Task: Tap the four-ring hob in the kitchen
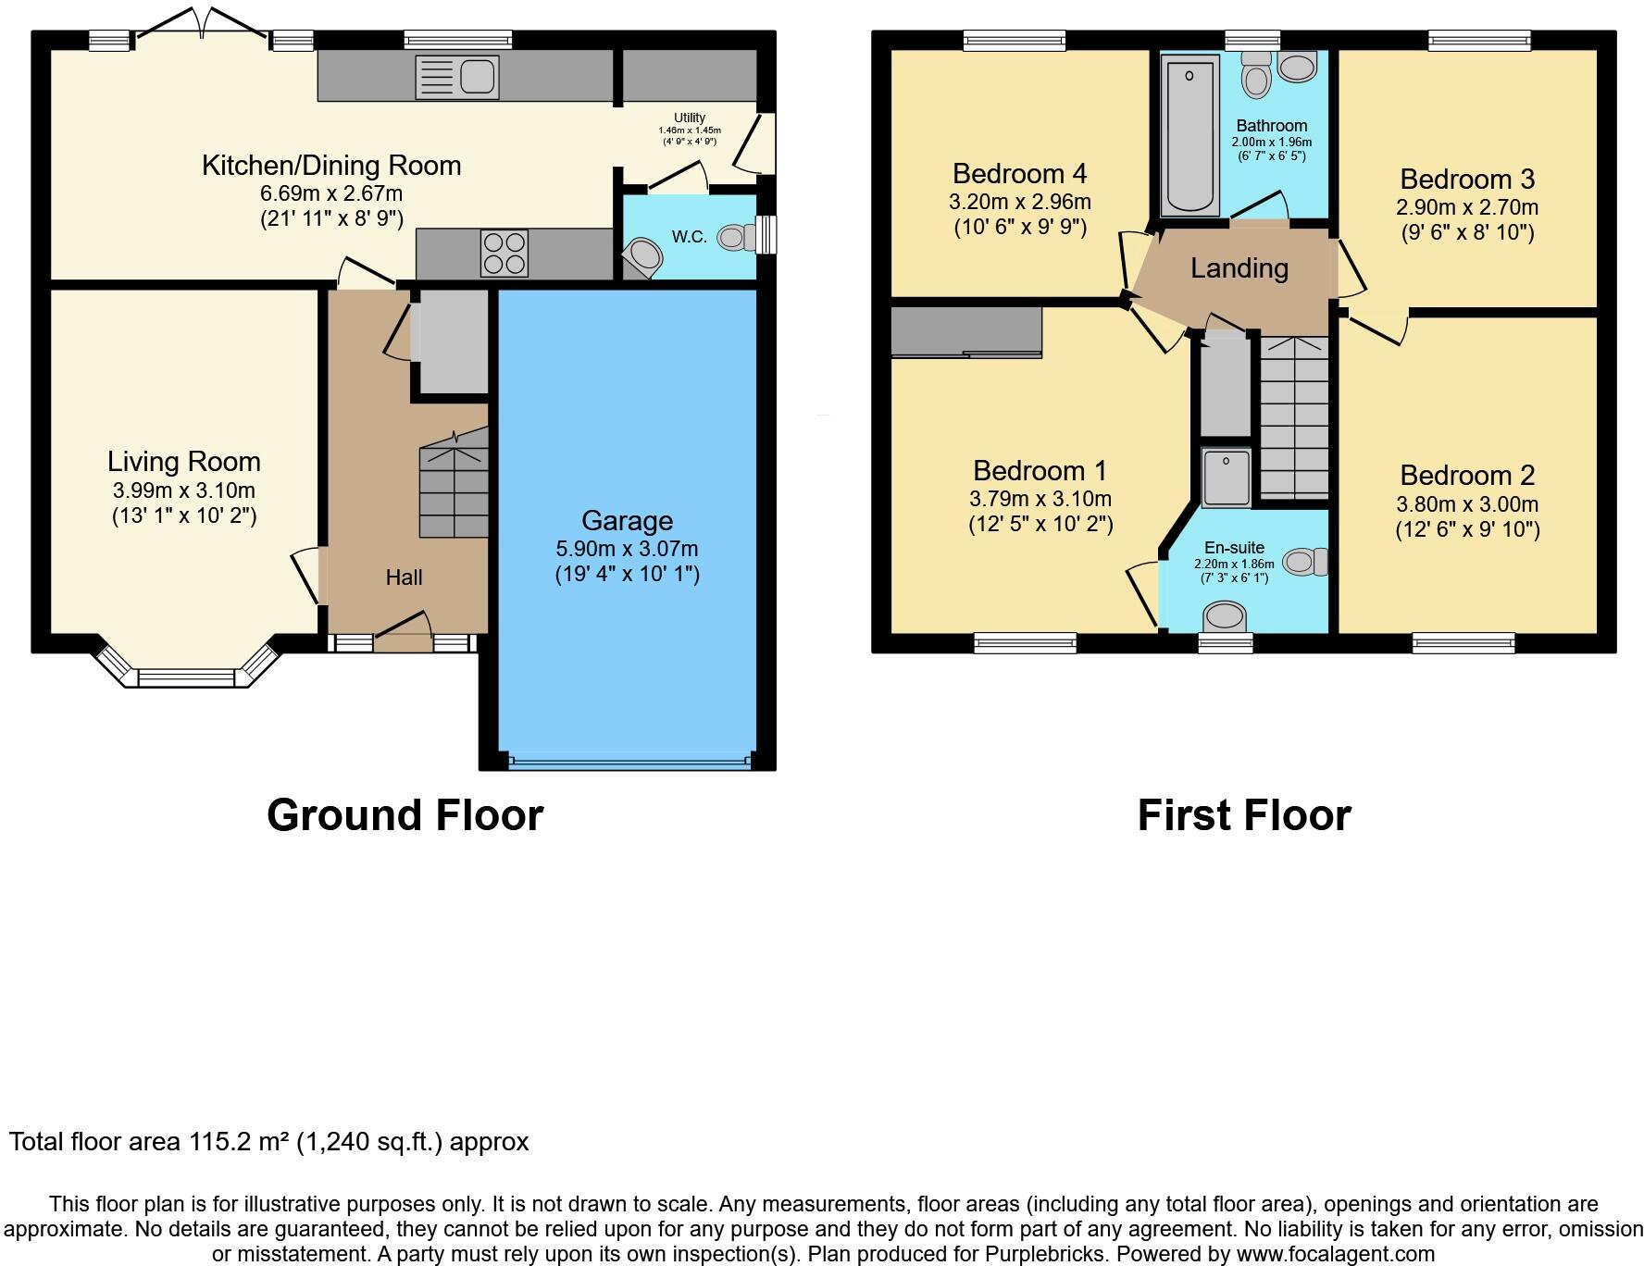coord(504,253)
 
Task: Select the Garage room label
coord(627,521)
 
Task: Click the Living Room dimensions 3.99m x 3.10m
coord(183,490)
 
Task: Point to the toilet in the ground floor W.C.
coord(736,237)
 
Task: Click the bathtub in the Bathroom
coord(1190,134)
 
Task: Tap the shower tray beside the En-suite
coord(1226,478)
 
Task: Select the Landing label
coord(1239,268)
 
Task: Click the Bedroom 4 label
coord(1019,174)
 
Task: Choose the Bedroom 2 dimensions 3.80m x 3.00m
coord(1467,504)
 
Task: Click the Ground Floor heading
coord(405,815)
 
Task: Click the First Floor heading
coord(1243,815)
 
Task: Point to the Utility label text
coord(689,118)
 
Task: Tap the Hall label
coord(404,577)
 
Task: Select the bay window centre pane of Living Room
coord(187,678)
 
